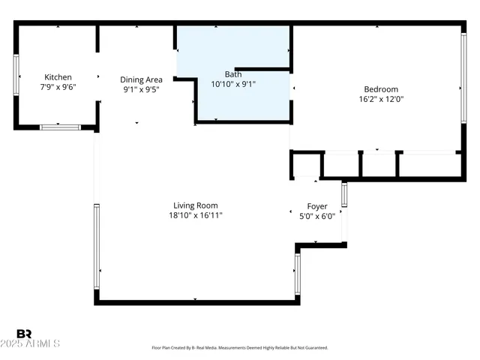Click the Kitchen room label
click(x=58, y=77)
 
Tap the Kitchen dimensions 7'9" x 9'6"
click(x=58, y=87)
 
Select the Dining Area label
click(x=141, y=79)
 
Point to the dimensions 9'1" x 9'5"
click(x=141, y=89)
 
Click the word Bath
click(x=233, y=74)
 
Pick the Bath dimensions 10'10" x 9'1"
click(x=233, y=84)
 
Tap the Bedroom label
click(x=382, y=89)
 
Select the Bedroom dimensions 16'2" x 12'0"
click(x=382, y=99)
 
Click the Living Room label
click(x=195, y=205)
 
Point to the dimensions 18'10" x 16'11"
click(x=195, y=215)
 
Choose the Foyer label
click(x=317, y=206)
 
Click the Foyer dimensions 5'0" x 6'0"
click(x=317, y=216)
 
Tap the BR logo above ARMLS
click(x=24, y=333)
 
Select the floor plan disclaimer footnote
click(x=240, y=348)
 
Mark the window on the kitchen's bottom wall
click(x=60, y=127)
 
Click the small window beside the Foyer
click(x=344, y=194)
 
